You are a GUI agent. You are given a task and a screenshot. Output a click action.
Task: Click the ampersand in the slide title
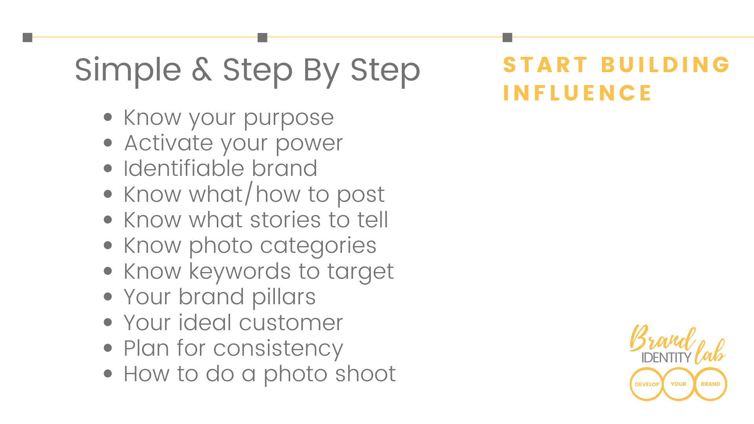202,70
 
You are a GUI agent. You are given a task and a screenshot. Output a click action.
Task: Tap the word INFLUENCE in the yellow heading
577,93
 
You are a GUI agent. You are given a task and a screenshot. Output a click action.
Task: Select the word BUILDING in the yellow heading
665,65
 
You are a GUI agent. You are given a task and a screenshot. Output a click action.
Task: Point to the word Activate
169,143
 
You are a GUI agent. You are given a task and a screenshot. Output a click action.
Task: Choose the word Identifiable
185,168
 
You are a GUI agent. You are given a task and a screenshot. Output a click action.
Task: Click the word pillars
284,297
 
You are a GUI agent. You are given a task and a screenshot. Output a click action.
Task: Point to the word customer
291,323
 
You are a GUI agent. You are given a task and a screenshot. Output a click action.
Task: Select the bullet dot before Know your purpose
108,117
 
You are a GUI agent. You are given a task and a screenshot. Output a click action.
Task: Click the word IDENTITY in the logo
666,357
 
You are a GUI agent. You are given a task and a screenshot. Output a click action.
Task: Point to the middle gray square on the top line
262,37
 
